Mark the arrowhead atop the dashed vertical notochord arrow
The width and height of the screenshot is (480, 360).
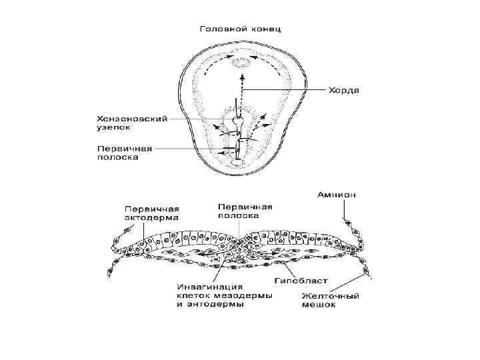pyautogui.click(x=241, y=75)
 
